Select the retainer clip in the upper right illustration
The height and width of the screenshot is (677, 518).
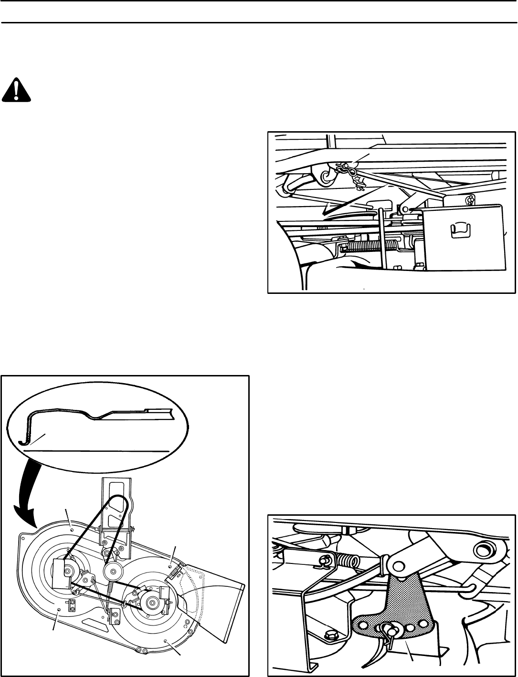click(346, 168)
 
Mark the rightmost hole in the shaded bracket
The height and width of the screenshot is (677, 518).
click(423, 622)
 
